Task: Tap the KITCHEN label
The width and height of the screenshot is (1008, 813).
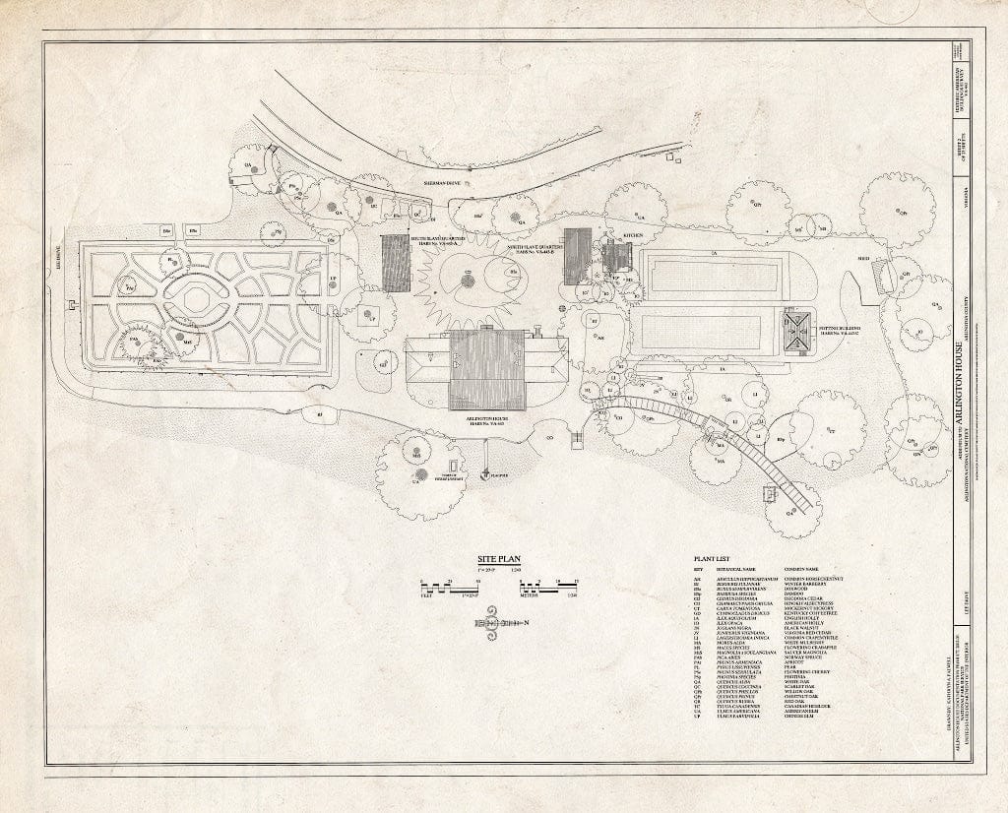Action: pyautogui.click(x=631, y=236)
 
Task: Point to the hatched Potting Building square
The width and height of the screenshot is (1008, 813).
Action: pyautogui.click(x=796, y=333)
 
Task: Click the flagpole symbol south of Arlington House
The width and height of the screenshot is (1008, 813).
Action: pyautogui.click(x=486, y=475)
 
